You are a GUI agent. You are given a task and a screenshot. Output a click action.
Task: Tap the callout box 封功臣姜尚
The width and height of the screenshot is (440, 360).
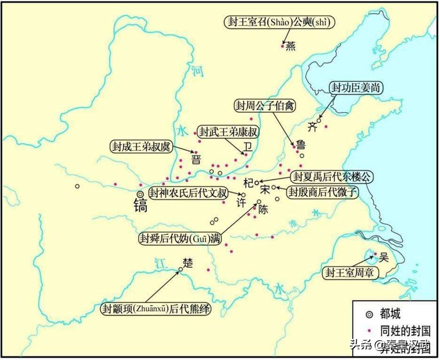point(356,87)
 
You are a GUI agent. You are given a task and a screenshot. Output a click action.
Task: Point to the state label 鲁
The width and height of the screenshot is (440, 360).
point(301,144)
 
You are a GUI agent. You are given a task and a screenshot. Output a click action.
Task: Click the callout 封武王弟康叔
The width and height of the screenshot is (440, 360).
point(229,131)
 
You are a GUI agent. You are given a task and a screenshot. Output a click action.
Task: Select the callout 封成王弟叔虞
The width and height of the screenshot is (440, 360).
point(140,146)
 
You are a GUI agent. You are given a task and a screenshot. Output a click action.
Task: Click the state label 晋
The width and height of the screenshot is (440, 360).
point(196,160)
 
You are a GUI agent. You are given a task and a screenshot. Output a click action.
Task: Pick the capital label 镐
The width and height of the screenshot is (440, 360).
point(141,206)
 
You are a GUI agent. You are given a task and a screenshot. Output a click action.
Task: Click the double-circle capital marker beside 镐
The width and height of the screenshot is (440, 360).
point(140,194)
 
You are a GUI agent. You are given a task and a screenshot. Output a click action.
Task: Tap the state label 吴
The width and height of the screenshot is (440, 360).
point(384,257)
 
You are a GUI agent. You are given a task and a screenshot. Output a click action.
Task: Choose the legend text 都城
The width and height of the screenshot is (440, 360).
point(391,313)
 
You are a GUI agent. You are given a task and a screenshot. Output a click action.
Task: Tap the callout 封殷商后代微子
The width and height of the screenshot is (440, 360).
point(323,192)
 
